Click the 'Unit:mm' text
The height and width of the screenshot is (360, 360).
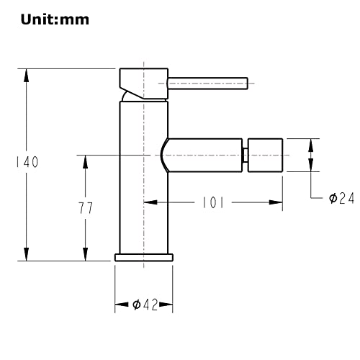coord(55,19)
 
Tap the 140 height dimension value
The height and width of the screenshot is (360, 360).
coord(27,162)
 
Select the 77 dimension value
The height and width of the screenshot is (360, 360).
coord(86,208)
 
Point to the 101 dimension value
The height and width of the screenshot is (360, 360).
coord(213,202)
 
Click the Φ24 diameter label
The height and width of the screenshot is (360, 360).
coord(341,198)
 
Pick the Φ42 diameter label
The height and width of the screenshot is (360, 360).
coord(145,305)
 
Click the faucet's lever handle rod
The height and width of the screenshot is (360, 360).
coord(208,84)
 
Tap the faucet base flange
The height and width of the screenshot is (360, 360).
coord(144,257)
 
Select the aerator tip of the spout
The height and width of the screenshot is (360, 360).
coord(265,155)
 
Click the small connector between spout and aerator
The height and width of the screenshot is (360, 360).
coord(245,155)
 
